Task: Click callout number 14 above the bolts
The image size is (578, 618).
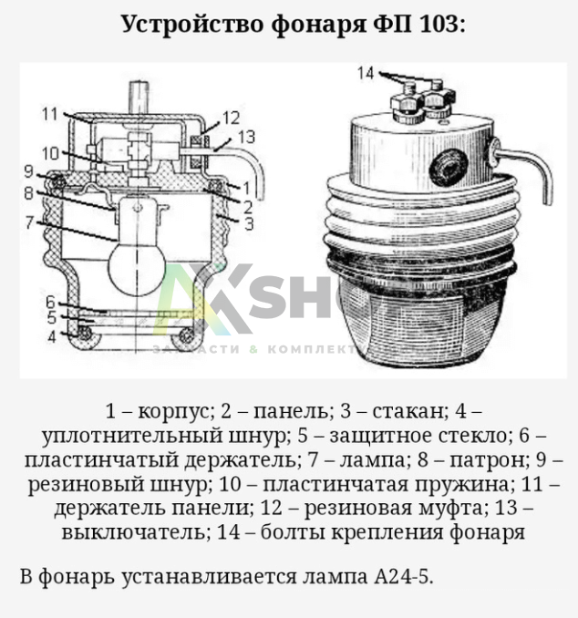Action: pos(365,73)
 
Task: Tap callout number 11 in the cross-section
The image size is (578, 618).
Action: pos(50,114)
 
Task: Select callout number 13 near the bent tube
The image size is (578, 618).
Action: pos(247,137)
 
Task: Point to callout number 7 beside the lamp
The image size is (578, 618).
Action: pos(29,221)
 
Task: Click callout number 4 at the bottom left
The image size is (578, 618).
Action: pos(52,336)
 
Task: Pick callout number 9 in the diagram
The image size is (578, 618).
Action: pos(29,171)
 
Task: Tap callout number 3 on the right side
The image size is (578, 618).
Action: pos(249,223)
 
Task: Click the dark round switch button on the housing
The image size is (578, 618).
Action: pos(449,169)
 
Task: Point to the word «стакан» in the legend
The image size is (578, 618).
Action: pos(408,411)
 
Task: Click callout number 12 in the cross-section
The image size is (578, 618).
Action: pos(231,118)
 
